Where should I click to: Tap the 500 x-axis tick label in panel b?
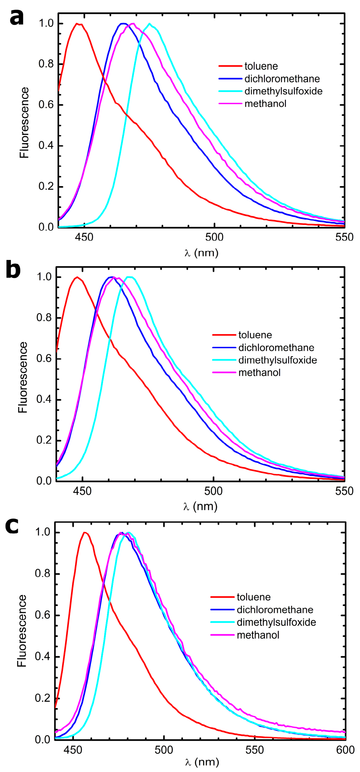213,491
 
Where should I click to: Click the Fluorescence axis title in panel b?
23,378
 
